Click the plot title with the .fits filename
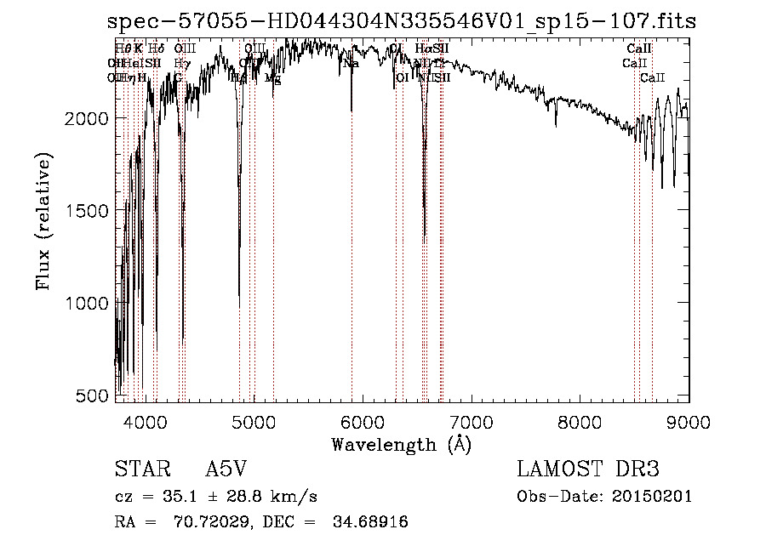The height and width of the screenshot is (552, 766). click(402, 22)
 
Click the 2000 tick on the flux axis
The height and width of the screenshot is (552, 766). click(87, 117)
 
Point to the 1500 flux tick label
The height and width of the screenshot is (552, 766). click(87, 210)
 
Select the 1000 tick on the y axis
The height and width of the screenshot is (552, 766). click(87, 303)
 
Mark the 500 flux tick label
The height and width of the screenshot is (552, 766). click(93, 396)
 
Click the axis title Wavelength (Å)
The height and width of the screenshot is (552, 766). click(401, 444)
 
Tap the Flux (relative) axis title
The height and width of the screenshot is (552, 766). click(43, 222)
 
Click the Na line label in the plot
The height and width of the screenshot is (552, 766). click(351, 64)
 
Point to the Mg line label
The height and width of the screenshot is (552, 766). click(272, 77)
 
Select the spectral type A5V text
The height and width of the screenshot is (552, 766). click(228, 470)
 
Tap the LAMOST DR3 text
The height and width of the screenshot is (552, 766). click(588, 470)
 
